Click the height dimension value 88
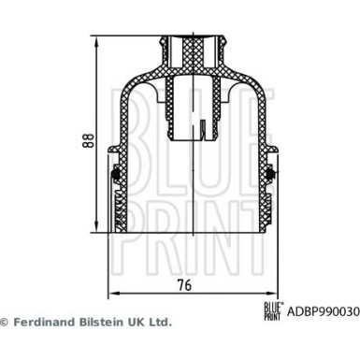[85, 141]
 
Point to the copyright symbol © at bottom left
[5, 322]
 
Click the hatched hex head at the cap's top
[194, 47]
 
